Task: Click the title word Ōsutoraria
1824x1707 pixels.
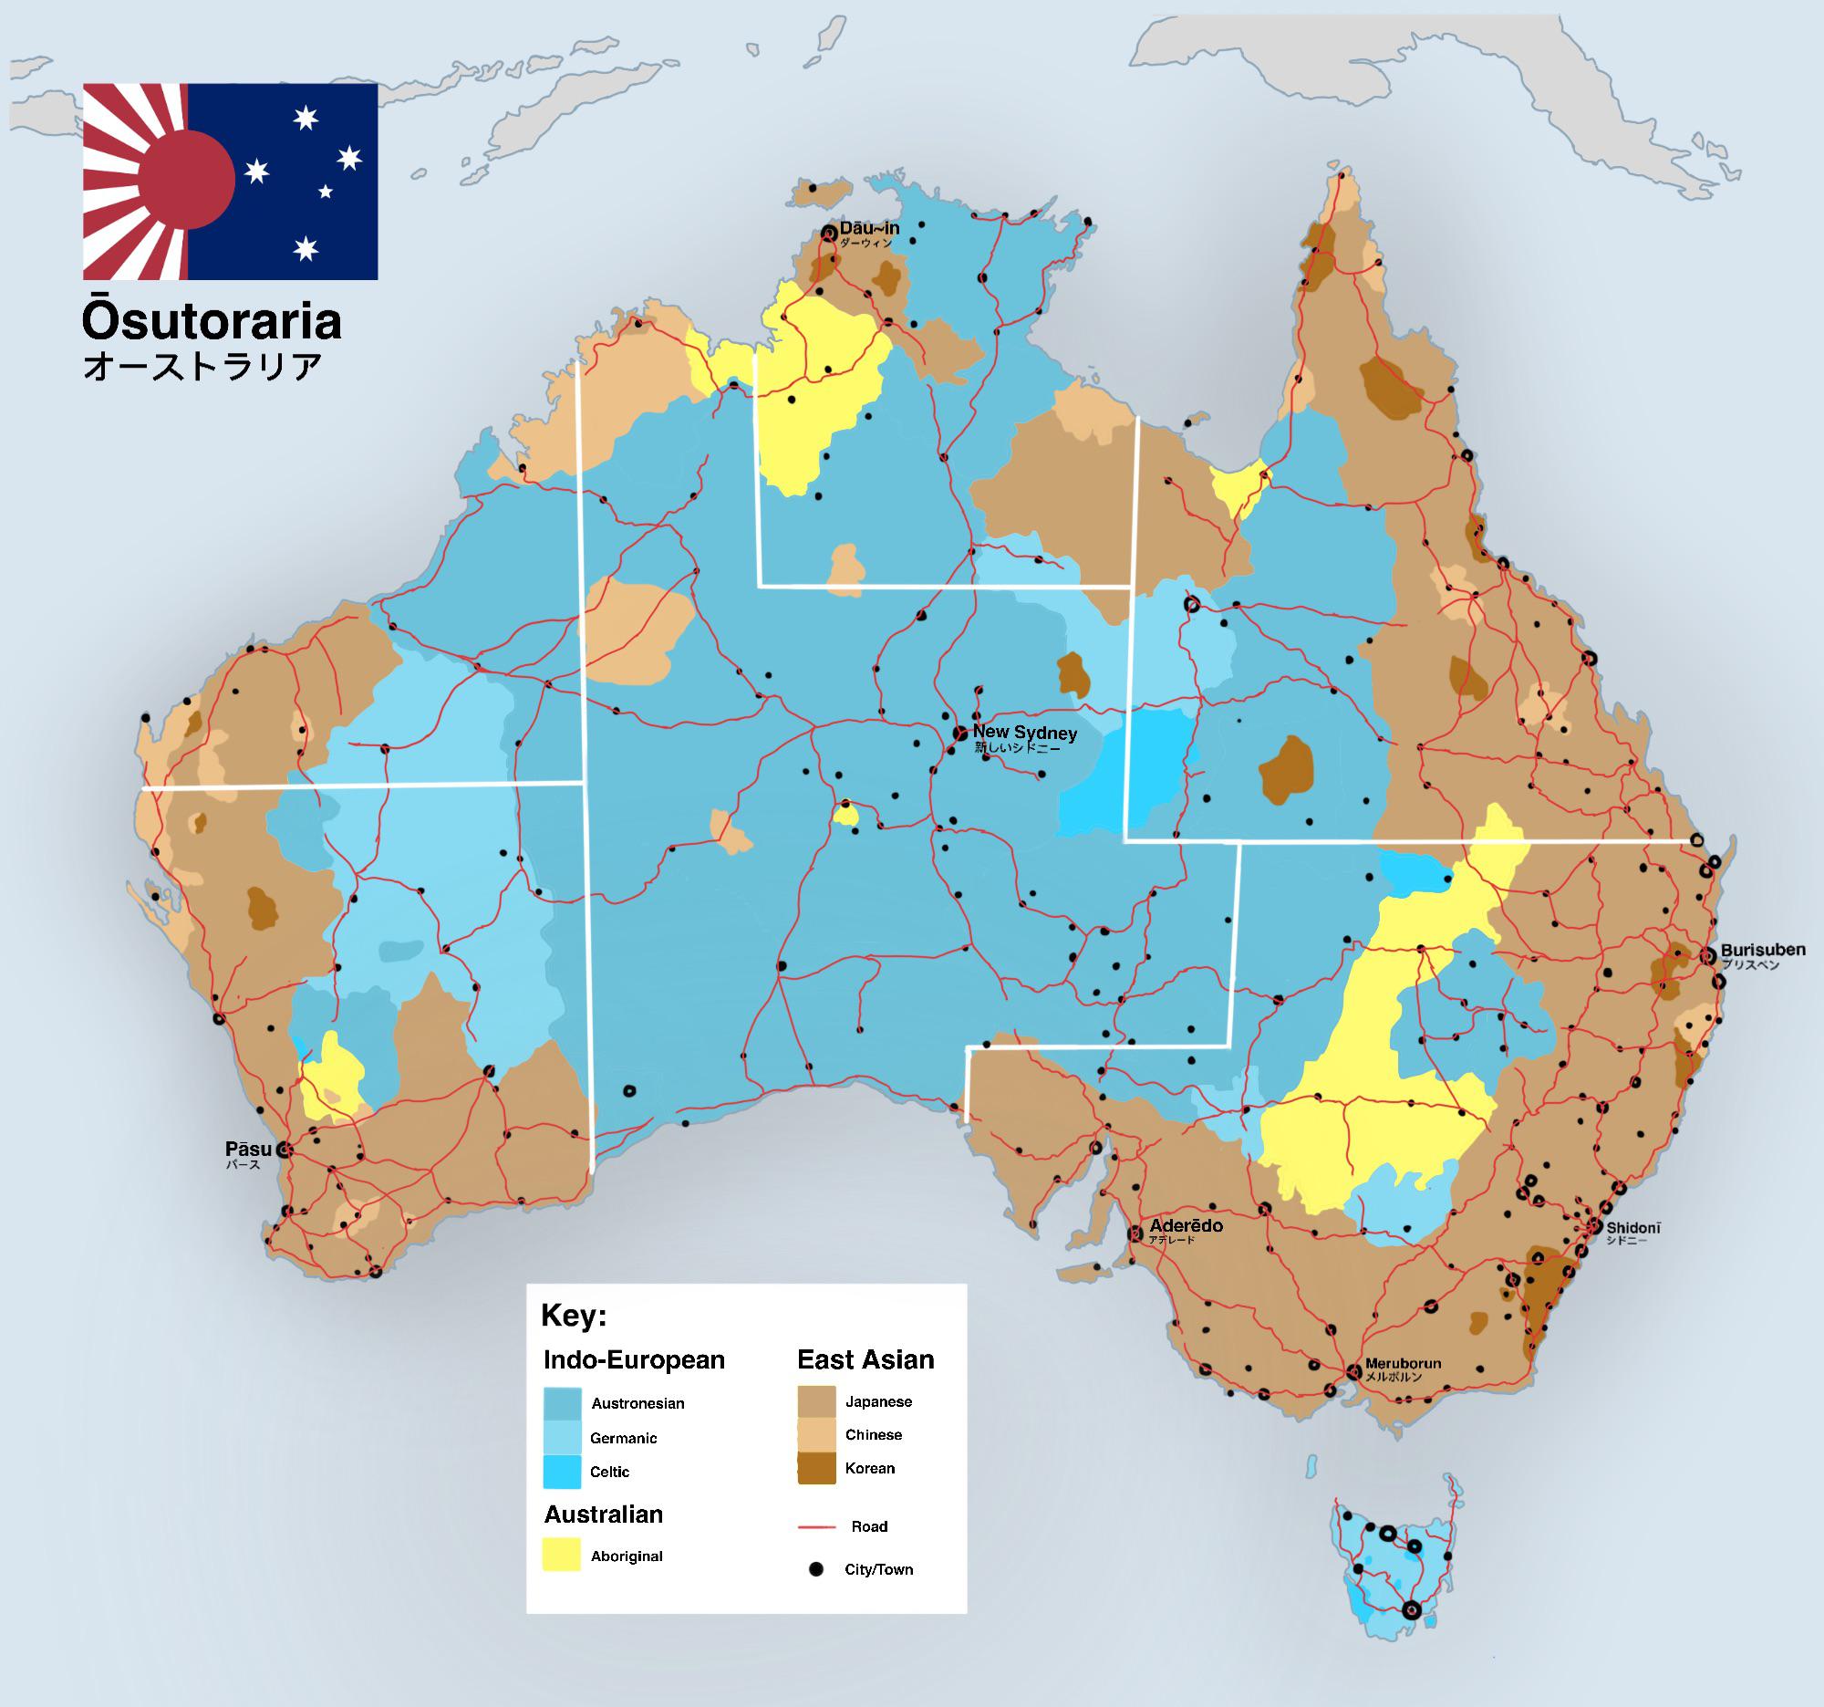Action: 212,321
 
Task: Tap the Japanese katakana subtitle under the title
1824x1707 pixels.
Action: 202,366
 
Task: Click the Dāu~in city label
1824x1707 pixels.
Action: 869,228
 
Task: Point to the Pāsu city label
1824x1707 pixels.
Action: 248,1149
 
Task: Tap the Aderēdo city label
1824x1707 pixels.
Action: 1186,1226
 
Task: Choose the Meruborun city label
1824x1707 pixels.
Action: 1402,1364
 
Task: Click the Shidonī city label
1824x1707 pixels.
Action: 1633,1228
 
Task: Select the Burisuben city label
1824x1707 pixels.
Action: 1763,950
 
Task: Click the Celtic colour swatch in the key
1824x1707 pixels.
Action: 562,1472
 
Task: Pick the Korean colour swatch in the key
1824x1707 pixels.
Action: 815,1468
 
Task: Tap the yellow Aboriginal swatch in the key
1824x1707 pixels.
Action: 562,1556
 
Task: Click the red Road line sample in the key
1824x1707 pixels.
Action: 815,1527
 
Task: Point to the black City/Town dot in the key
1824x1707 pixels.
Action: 815,1569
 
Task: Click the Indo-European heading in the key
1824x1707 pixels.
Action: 634,1359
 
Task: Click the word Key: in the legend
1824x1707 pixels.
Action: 574,1315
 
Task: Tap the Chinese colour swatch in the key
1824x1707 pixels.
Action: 815,1434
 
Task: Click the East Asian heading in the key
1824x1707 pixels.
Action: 865,1359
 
